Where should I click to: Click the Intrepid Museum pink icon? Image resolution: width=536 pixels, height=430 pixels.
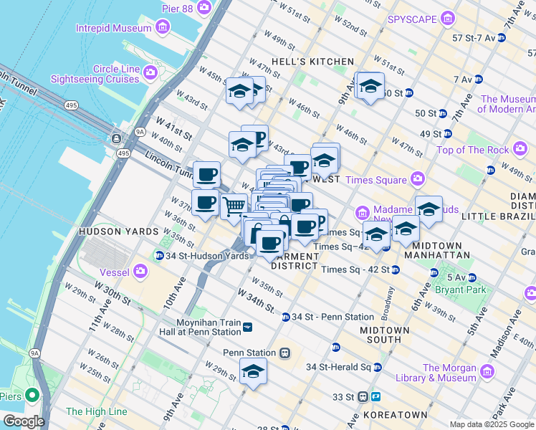(x=163, y=28)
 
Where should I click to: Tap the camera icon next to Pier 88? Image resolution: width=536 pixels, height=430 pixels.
(x=204, y=7)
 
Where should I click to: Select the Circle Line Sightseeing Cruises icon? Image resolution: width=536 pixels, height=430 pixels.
(x=150, y=72)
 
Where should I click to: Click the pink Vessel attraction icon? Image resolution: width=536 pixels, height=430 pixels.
(x=140, y=271)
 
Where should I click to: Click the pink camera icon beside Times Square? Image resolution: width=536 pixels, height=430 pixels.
(x=417, y=179)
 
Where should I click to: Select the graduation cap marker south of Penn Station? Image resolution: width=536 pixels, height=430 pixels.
(x=252, y=372)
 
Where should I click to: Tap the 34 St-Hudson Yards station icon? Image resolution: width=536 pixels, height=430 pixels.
(x=158, y=256)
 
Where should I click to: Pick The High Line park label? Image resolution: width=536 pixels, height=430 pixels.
(x=96, y=411)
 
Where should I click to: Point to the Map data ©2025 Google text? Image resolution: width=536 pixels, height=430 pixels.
(x=492, y=424)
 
